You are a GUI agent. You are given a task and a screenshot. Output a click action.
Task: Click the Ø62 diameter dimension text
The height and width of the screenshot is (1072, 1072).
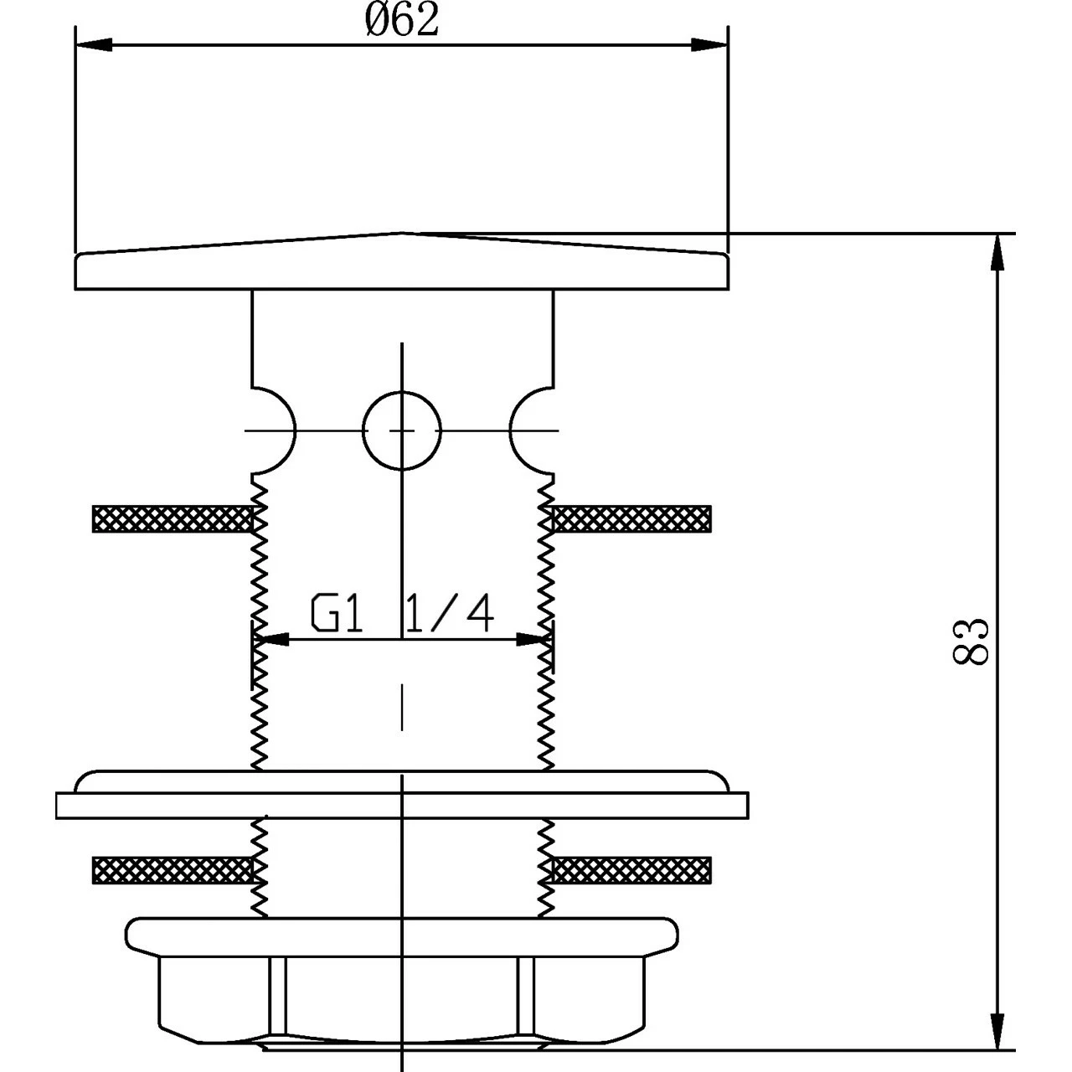coord(402,20)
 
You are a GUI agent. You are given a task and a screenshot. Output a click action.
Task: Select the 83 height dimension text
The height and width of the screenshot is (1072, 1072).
coord(971,642)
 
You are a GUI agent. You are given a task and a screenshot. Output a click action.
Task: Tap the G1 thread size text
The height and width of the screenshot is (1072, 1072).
coord(338,614)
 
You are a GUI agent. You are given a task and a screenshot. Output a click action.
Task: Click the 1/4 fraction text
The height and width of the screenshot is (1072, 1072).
coord(449,614)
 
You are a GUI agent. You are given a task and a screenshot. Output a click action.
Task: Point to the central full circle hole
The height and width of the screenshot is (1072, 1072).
coord(402,430)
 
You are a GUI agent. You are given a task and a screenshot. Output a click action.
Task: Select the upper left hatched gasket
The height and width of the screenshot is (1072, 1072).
coord(172,518)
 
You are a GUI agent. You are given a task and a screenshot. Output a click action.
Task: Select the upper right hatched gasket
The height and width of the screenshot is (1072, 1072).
coord(632,518)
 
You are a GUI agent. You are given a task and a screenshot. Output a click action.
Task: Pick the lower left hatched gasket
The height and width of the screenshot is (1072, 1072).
coord(172,870)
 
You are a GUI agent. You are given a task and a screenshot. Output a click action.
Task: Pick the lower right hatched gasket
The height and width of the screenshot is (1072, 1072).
coord(632,870)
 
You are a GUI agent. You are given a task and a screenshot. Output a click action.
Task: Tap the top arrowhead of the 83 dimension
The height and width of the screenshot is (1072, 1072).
coord(997,251)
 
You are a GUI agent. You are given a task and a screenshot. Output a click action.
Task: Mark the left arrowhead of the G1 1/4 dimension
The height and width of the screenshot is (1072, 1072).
coord(271,640)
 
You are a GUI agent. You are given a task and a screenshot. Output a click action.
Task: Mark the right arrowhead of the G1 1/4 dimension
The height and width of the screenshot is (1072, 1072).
coord(533,640)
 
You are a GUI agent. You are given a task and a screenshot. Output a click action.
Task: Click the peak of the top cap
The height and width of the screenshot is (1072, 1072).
coord(402,234)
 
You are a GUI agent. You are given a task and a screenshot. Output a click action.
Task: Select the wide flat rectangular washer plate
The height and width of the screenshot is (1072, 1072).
coord(402,805)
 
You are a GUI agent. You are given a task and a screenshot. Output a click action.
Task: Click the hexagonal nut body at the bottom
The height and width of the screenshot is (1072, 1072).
coord(402,997)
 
